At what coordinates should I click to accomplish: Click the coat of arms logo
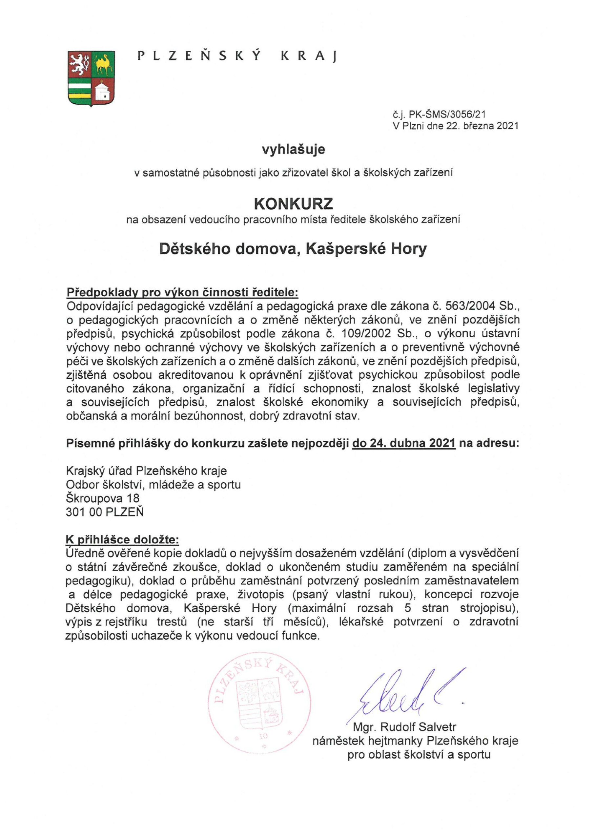tap(92, 78)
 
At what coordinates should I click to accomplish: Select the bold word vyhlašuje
tap(293, 149)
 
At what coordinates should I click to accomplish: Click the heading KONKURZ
tap(293, 203)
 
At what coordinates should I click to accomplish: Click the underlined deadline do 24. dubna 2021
tap(404, 443)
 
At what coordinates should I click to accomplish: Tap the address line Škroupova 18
tap(103, 498)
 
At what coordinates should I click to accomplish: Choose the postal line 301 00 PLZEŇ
tap(105, 512)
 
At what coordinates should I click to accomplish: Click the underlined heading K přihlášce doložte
tap(123, 539)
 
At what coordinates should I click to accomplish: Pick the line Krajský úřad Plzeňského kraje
tap(146, 471)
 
